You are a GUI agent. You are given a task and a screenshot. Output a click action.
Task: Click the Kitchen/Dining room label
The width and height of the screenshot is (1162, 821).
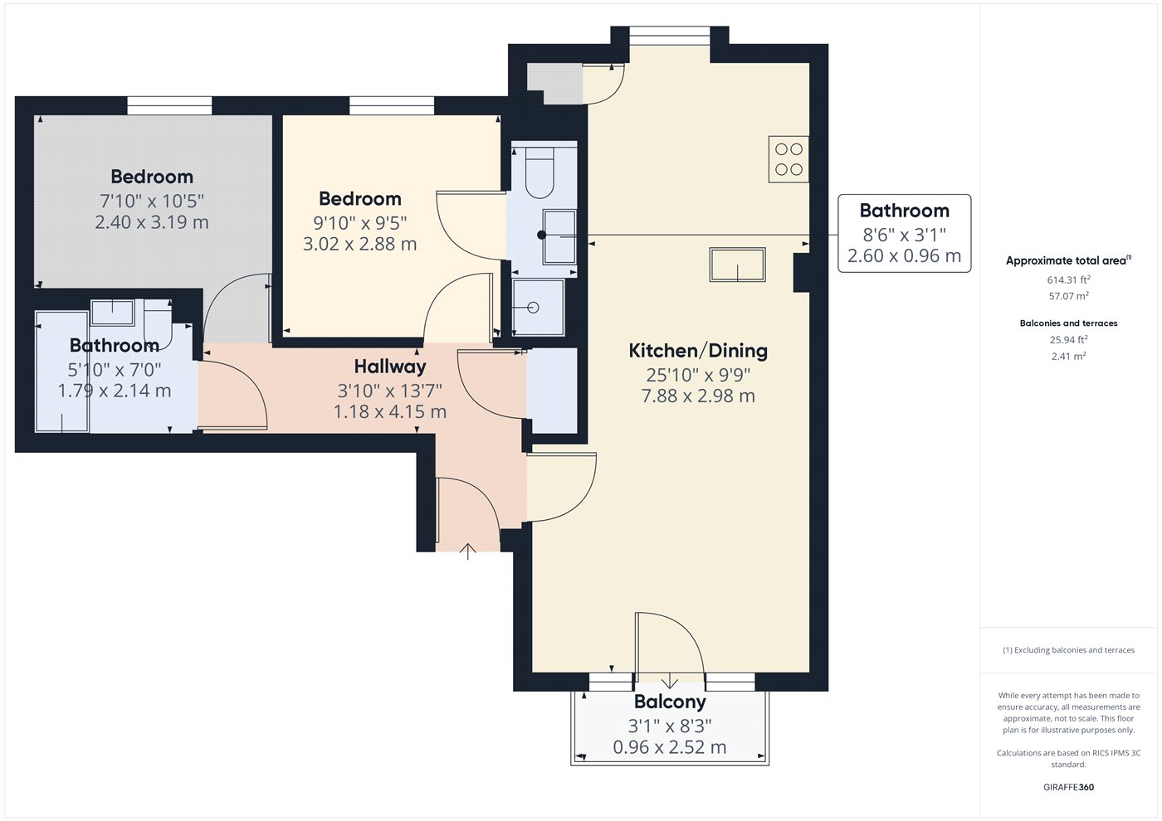(x=698, y=351)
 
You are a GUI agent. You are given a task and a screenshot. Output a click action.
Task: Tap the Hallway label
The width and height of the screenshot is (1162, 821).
(x=390, y=367)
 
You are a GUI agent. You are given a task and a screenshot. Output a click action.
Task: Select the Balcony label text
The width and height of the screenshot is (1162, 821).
(x=670, y=702)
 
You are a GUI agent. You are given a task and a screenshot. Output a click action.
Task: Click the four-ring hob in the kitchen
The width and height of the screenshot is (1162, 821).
(x=788, y=159)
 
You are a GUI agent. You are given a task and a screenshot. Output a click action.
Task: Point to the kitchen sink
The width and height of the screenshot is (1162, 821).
(x=737, y=265)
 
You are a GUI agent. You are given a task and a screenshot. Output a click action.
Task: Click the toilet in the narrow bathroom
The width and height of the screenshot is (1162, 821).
(x=539, y=172)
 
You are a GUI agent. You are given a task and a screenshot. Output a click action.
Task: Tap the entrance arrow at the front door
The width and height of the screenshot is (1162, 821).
(x=468, y=551)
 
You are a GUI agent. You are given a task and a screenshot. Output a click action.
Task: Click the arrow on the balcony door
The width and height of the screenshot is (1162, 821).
(x=670, y=680)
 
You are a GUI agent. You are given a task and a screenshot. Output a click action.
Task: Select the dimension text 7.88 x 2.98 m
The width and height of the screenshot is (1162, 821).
(x=698, y=396)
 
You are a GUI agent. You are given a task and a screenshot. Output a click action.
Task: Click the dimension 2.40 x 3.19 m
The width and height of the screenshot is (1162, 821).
(x=151, y=222)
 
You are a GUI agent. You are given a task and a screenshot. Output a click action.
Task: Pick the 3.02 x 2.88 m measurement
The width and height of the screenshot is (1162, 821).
(x=359, y=244)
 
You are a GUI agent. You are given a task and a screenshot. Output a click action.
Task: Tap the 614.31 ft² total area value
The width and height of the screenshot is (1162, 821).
(x=1068, y=280)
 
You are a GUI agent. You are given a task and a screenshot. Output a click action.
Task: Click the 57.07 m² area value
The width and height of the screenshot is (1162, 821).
(x=1068, y=296)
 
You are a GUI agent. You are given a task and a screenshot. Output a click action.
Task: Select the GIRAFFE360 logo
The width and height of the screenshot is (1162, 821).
(x=1068, y=787)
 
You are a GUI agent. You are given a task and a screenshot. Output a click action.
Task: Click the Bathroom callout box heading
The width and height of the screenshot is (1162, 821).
(x=904, y=211)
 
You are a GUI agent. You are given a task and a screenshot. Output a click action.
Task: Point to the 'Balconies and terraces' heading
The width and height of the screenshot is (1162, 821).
(x=1068, y=323)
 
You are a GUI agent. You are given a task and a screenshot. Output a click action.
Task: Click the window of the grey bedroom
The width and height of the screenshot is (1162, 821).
(x=169, y=106)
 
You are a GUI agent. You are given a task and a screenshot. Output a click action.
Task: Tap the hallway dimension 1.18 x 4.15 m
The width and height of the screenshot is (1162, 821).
(x=389, y=411)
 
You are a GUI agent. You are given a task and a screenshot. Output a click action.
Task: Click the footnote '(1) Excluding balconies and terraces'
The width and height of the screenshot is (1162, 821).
(x=1068, y=650)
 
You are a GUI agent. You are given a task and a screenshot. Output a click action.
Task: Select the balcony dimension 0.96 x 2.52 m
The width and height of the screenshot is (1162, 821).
(x=669, y=747)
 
